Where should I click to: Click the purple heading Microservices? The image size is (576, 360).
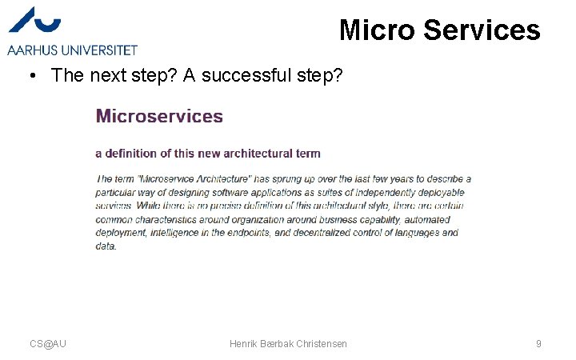point(159,116)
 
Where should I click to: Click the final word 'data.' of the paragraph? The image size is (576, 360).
point(106,246)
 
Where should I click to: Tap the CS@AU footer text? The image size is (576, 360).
point(48,344)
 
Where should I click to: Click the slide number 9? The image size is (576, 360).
point(538,344)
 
